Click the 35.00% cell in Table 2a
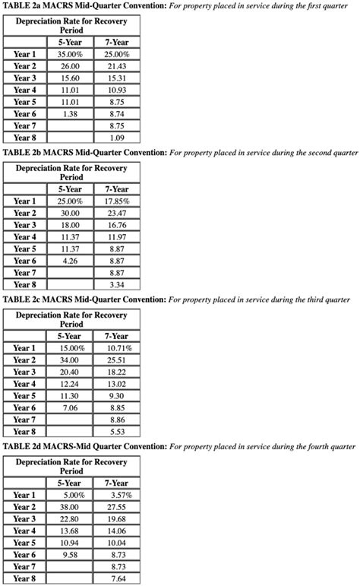(70, 55)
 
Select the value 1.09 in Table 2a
(117, 138)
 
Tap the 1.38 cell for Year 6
(70, 114)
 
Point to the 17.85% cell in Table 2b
(117, 201)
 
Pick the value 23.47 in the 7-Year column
(117, 214)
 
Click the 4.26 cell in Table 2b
(70, 261)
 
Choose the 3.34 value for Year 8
(117, 285)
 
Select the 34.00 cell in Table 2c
(70, 360)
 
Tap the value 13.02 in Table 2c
(117, 384)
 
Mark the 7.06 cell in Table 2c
(70, 407)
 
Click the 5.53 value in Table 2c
(117, 432)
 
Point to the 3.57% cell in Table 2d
(117, 495)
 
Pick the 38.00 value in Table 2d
(70, 507)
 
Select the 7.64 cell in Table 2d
(117, 578)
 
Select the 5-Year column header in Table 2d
(70, 483)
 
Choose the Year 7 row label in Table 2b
(25, 273)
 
